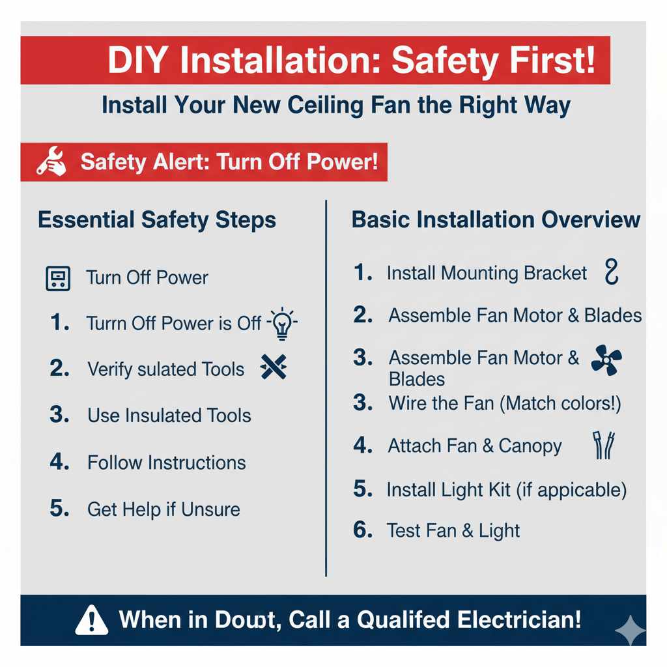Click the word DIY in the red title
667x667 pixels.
point(138,61)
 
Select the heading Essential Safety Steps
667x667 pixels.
point(157,220)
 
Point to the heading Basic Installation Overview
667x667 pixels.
point(496,220)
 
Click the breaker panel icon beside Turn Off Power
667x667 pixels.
point(57,278)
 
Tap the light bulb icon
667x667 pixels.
point(282,323)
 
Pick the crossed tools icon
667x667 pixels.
point(273,368)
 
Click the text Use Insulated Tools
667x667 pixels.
point(169,416)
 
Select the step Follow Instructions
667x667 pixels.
point(166,462)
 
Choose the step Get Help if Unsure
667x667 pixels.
point(163,509)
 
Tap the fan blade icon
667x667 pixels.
point(606,360)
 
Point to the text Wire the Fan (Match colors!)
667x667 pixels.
point(504,403)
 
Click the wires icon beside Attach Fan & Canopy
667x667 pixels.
point(603,446)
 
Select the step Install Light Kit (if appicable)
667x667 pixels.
point(506,489)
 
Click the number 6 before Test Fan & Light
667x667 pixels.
point(362,530)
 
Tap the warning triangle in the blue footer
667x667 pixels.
point(92,619)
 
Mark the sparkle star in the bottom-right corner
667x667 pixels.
point(631,630)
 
